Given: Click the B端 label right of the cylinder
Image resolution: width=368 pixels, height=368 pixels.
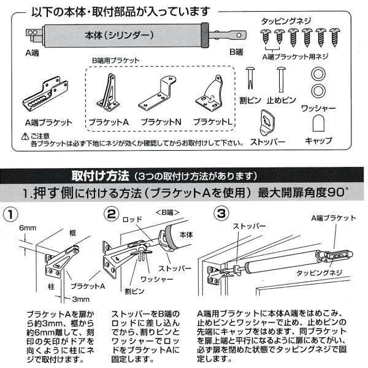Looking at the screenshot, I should [x=237, y=52].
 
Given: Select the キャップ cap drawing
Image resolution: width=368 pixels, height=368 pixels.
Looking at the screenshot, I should [x=318, y=125].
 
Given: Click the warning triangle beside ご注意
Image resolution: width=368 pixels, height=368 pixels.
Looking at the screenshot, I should [x=25, y=136].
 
